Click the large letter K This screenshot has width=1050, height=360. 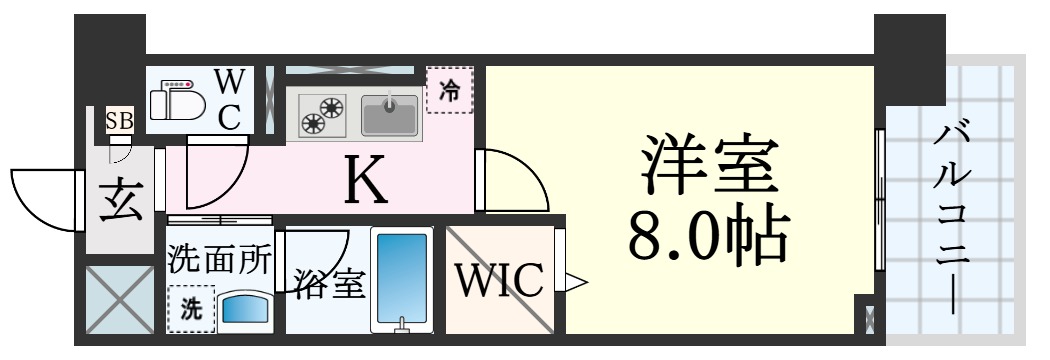coord(366,180)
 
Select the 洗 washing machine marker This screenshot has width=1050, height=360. coord(190,310)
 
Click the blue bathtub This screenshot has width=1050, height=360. coord(401,279)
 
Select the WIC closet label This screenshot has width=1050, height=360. coord(500,279)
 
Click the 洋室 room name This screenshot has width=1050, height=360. coord(708,167)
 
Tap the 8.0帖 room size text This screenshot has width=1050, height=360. coord(708,236)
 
